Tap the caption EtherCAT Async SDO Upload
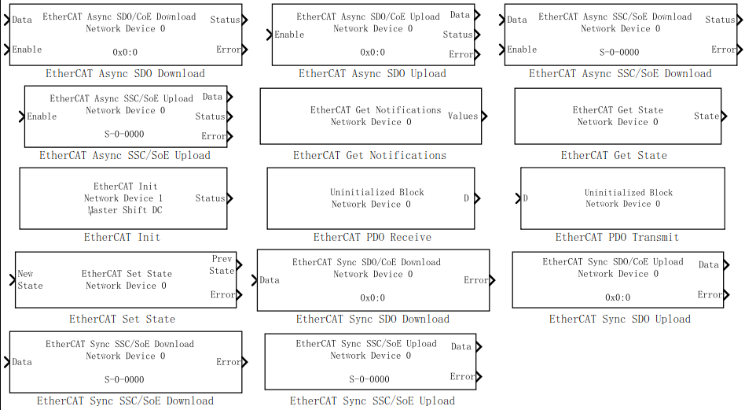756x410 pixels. tap(372, 74)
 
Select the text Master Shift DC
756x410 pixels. tap(125, 210)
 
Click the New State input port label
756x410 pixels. tap(30, 279)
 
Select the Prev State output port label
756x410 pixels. tap(222, 264)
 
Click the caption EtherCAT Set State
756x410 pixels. tap(122, 320)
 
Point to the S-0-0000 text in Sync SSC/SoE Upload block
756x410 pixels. tap(369, 379)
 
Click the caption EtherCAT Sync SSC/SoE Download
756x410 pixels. tap(125, 401)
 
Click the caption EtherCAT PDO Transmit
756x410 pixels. tap(617, 238)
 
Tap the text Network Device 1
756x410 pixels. tap(123, 198)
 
